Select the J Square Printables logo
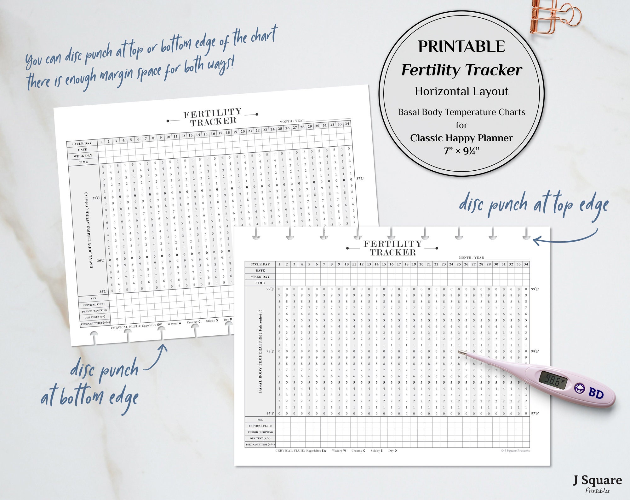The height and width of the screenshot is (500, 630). (x=597, y=483)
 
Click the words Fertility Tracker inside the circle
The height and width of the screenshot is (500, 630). (x=461, y=70)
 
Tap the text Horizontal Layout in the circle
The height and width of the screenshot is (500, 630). (x=461, y=91)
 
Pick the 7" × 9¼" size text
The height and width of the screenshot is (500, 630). (x=461, y=151)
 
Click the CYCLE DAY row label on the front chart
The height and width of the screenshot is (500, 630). (x=260, y=264)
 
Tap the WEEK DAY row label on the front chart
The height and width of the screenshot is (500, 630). (x=260, y=277)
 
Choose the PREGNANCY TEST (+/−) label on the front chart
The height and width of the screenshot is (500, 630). (x=260, y=444)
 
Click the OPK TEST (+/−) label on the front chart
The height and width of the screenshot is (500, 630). (x=260, y=438)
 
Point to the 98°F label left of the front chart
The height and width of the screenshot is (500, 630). (x=270, y=351)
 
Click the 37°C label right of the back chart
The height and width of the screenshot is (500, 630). (x=360, y=179)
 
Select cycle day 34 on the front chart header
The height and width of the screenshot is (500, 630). (x=526, y=264)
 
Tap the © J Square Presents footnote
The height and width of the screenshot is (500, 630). (x=515, y=450)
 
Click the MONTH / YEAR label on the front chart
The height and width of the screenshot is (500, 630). (x=471, y=257)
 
